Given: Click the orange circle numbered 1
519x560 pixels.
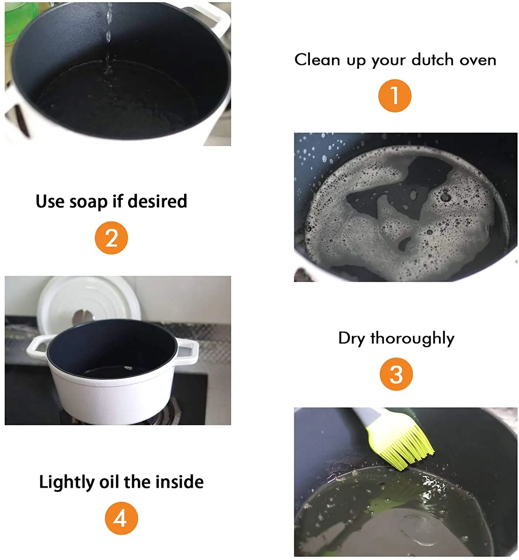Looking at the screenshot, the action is coord(395,96).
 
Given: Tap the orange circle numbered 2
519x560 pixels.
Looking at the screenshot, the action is coord(111,238).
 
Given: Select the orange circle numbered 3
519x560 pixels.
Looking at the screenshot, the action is coord(396,374).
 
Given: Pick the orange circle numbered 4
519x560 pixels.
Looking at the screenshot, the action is coord(121,518).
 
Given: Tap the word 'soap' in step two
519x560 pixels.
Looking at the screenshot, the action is coord(88,202).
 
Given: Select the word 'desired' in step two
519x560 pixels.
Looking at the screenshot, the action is coord(158,201).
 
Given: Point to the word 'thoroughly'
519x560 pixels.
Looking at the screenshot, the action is coord(412,339).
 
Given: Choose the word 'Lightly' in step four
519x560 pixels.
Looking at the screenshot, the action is coord(66,482).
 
